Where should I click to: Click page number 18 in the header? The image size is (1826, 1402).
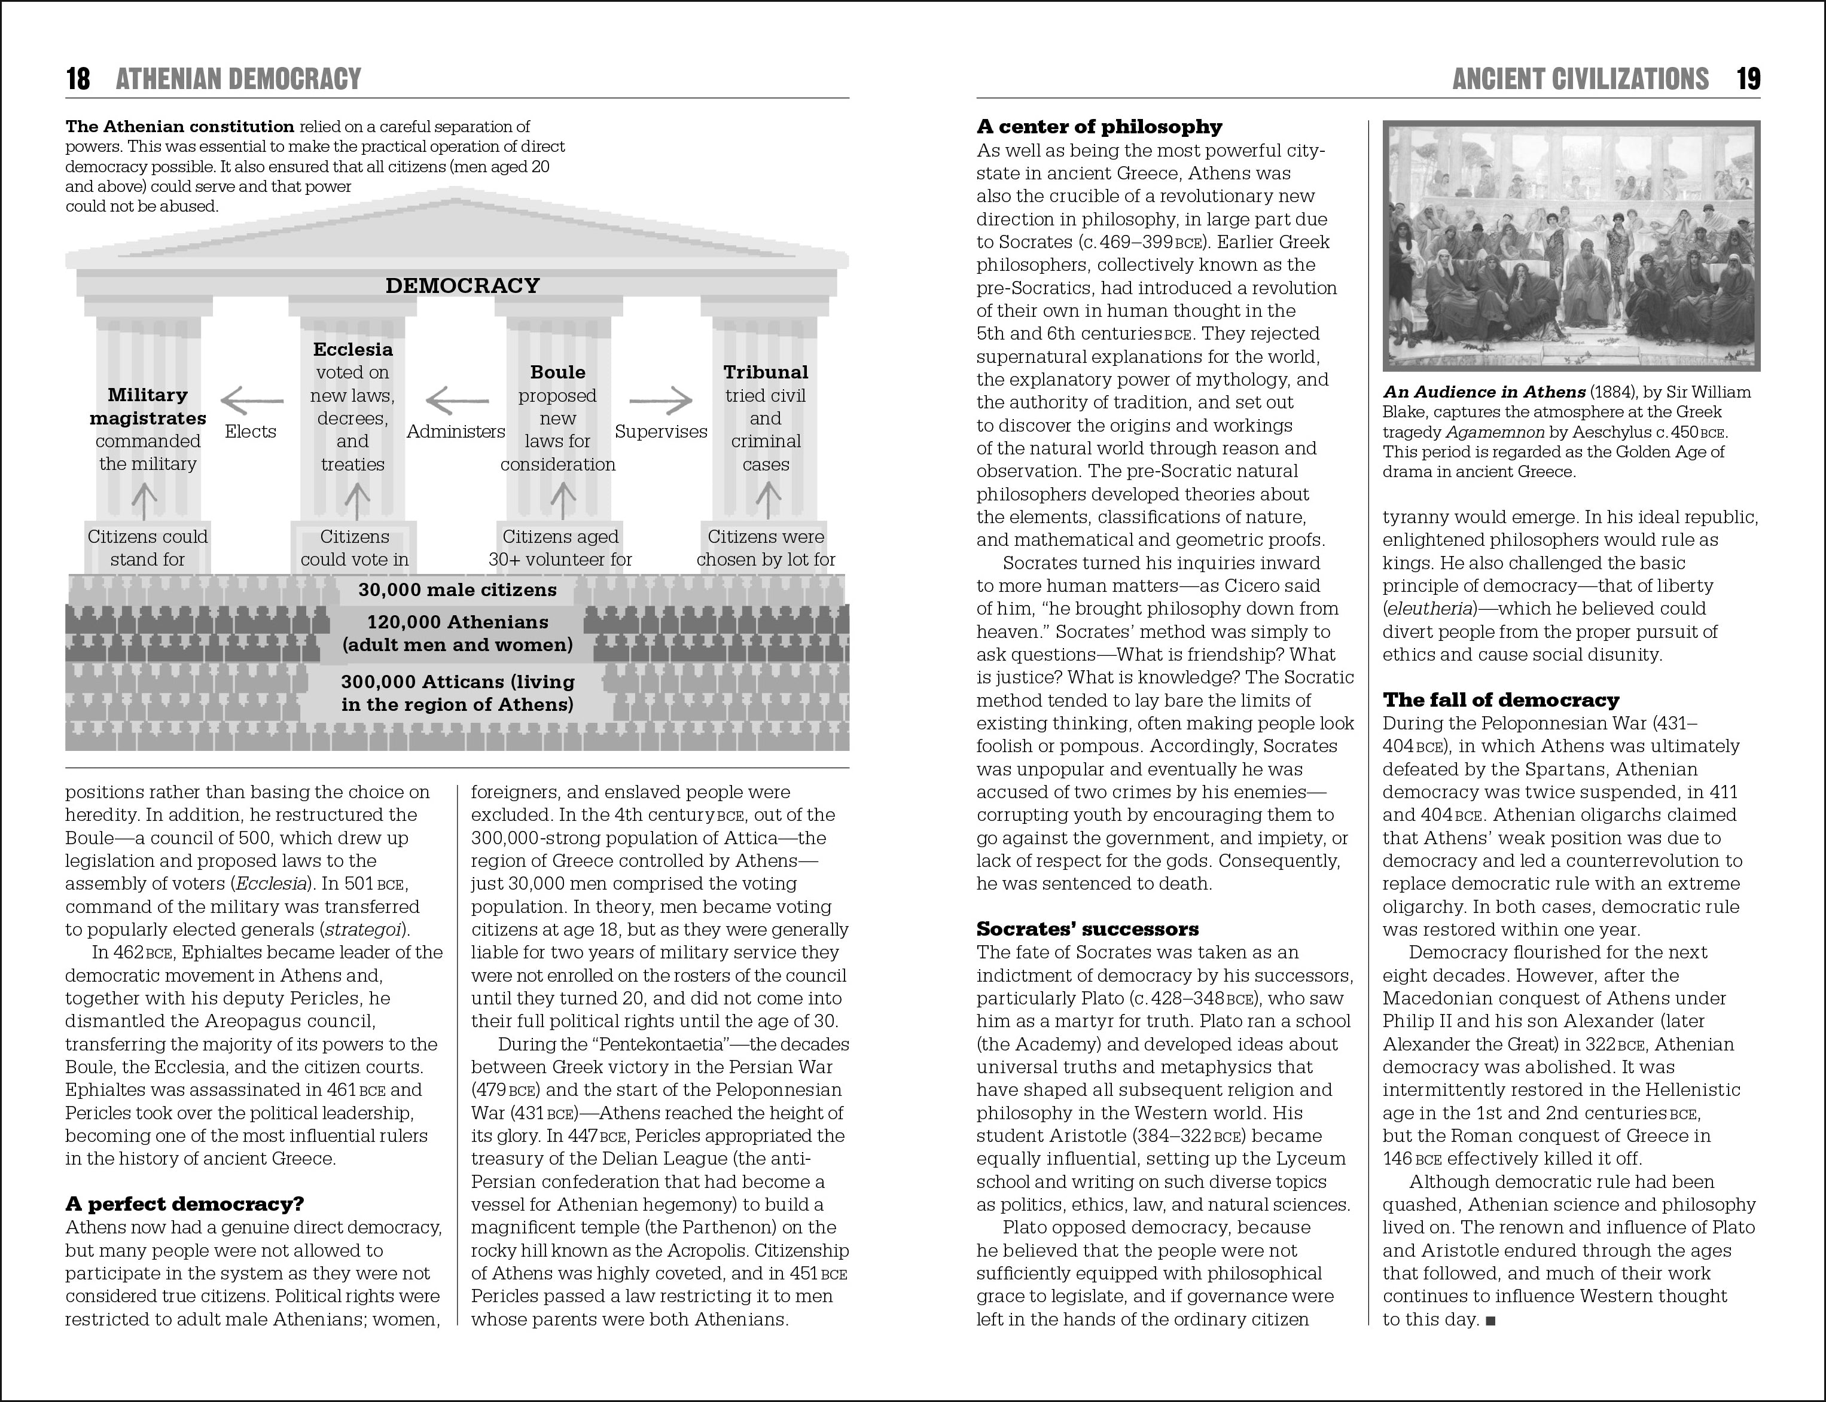coord(78,80)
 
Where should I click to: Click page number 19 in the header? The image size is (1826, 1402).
coord(1748,80)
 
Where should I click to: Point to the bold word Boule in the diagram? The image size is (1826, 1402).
coord(558,372)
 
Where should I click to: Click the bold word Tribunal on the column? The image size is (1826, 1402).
coord(766,372)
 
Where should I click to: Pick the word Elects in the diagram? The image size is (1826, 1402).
coord(251,432)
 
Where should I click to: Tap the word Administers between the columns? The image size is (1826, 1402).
coord(456,432)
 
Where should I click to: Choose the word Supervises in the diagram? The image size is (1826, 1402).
coord(660,432)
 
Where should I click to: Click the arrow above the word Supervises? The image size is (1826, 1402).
coord(660,401)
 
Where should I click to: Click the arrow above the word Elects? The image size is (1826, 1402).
coord(251,401)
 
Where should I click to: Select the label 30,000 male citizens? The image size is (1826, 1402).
coord(458,590)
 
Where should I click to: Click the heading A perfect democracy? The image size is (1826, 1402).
coord(185,1204)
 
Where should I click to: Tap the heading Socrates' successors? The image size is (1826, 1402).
coord(1087,929)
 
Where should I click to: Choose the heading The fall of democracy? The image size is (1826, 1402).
coord(1501,700)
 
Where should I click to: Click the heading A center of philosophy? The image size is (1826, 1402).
coord(1099,127)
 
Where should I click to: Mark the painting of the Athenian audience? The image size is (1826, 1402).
coord(1571,246)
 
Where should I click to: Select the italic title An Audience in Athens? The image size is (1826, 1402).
coord(1484,392)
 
